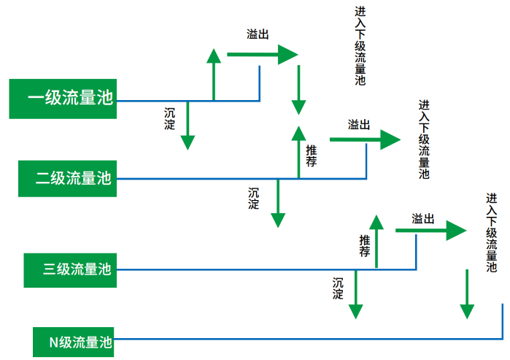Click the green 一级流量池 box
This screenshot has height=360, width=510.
point(63,98)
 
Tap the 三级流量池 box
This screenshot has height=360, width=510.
point(70,269)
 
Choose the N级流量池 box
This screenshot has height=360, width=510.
point(74,341)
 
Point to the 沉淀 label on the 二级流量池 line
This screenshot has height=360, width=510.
point(254,198)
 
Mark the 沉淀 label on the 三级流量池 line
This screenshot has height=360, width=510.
point(338,288)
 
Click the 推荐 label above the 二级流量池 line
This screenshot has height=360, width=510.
point(311,156)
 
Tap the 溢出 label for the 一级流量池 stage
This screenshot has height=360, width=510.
point(258,34)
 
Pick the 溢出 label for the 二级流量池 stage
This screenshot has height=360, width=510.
point(359,124)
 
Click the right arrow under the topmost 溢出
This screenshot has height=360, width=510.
point(263,54)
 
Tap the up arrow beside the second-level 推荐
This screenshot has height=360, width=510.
point(298,151)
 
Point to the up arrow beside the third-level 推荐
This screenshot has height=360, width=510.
point(376,241)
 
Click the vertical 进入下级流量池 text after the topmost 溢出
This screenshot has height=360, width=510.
point(360,47)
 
